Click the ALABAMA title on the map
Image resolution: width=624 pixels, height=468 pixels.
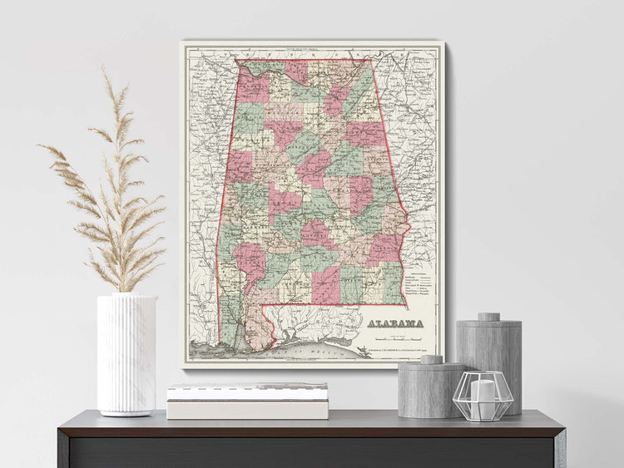click(x=395, y=323)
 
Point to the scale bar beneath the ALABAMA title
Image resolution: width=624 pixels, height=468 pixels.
click(x=395, y=337)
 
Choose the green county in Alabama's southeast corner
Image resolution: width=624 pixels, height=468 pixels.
click(x=392, y=283)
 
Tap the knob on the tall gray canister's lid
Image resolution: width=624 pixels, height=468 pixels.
click(x=488, y=317)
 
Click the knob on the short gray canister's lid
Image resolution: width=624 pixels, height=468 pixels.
click(x=431, y=359)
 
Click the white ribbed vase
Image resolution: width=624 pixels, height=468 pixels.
click(x=126, y=353)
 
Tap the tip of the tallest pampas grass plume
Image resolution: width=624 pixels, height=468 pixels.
click(x=106, y=70)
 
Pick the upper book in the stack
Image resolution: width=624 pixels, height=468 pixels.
click(x=248, y=390)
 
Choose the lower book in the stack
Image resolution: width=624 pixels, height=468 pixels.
click(x=247, y=409)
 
